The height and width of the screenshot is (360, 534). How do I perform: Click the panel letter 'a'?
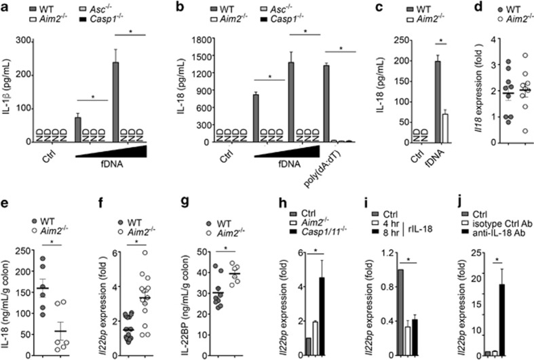(5, 7)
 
